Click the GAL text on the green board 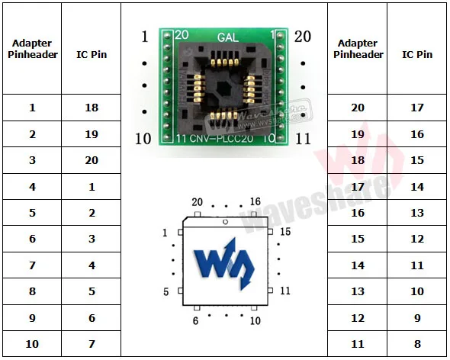point(226,37)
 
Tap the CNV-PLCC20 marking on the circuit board point(225,138)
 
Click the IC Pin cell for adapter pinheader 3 point(92,160)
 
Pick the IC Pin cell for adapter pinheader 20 point(417,108)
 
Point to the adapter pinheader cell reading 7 point(32,265)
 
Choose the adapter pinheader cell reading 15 point(358,239)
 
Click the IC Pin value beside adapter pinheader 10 point(92,344)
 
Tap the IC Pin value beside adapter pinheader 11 point(417,344)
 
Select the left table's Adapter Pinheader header point(32,49)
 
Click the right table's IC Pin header point(417,54)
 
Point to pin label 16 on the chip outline point(255,202)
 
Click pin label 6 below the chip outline point(195,322)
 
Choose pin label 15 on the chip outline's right point(284,231)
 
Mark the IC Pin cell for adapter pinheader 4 point(92,186)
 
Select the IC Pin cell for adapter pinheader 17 point(417,186)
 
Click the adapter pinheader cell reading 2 point(32,134)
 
